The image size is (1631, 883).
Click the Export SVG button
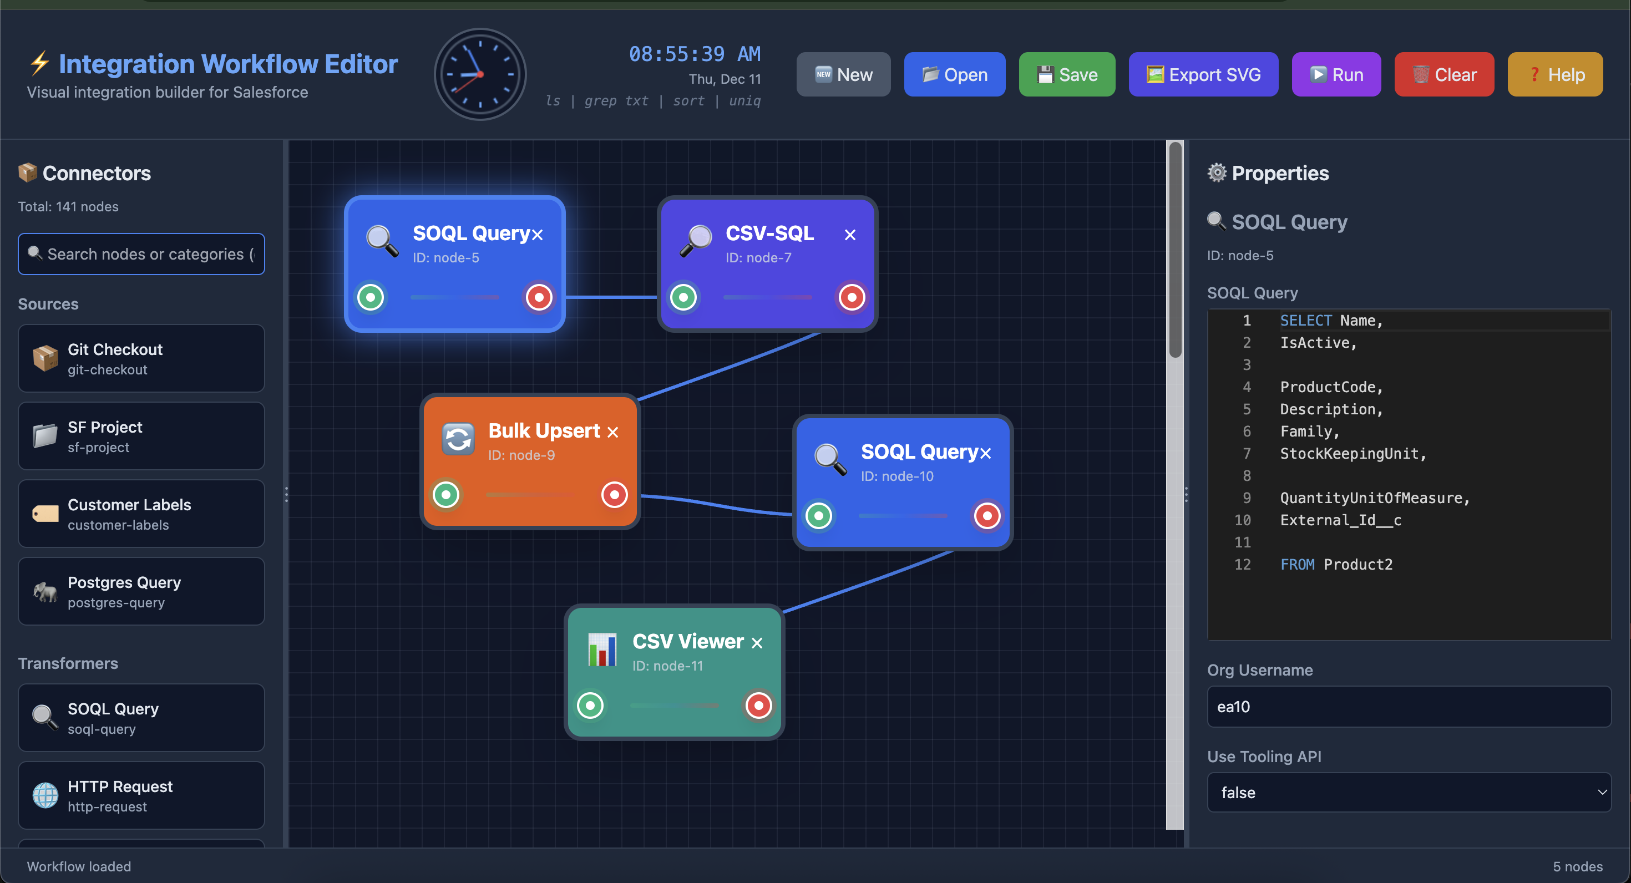coord(1203,75)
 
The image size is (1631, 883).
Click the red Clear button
coord(1443,75)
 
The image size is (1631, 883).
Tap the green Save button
coord(1067,75)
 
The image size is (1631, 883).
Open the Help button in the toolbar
coord(1555,75)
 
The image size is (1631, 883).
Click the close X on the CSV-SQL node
coord(850,235)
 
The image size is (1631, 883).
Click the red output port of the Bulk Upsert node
coord(614,494)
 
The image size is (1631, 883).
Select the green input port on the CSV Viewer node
coord(590,705)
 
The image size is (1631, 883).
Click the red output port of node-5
coord(539,297)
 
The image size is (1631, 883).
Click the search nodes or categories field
coord(142,254)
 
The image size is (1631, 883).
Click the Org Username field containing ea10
coord(1408,707)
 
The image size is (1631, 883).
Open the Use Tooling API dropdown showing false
coord(1408,793)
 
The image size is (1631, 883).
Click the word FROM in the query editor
coord(1296,565)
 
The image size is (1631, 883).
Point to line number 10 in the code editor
coord(1242,520)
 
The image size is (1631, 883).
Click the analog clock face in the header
coord(480,74)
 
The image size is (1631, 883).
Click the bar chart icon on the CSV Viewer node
coord(602,649)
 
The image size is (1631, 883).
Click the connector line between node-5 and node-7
coord(611,297)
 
